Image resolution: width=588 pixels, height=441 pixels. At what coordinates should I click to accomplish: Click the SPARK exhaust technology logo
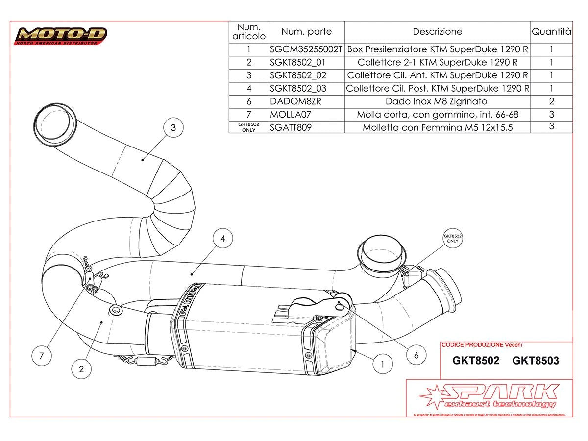tap(489, 396)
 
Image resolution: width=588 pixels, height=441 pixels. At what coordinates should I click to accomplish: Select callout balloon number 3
tap(173, 128)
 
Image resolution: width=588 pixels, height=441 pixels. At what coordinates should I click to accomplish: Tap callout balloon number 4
tap(223, 239)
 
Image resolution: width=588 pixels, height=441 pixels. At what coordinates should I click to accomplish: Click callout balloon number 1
tap(383, 363)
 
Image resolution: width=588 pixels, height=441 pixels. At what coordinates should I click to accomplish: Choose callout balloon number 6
tap(416, 355)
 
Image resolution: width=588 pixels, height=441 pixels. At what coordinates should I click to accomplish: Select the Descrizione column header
tap(437, 32)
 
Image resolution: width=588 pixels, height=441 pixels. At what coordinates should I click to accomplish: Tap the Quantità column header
tap(551, 32)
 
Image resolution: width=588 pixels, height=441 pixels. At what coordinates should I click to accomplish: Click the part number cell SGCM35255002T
tap(307, 49)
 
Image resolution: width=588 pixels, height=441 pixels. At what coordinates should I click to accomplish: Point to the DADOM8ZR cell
tap(292, 101)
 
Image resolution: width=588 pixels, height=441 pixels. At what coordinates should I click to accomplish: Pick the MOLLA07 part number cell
tap(290, 115)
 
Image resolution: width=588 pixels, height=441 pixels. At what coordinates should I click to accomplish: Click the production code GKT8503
tap(535, 361)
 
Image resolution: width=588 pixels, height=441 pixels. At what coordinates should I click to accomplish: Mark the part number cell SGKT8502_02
tap(298, 75)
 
